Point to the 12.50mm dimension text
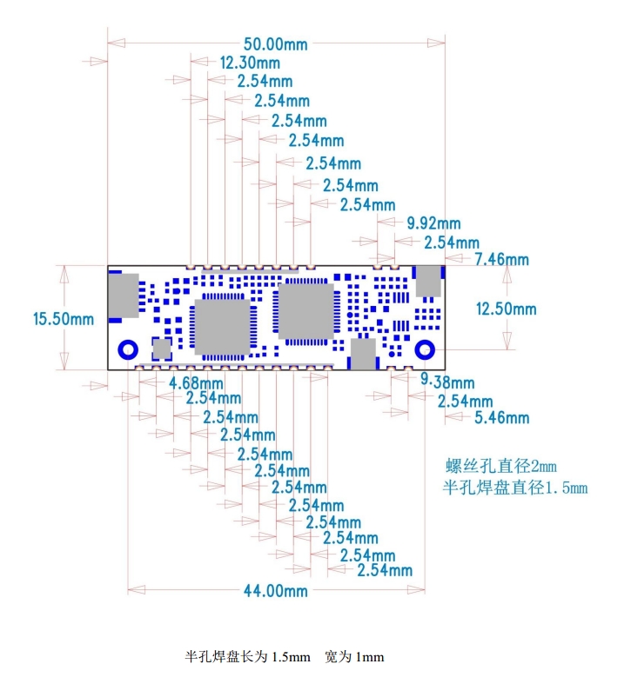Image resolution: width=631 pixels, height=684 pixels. point(506,309)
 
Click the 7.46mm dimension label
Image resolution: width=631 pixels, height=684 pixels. point(501,259)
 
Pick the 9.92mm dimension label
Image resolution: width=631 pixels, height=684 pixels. point(434,224)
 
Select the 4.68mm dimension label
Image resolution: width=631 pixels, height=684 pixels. point(193,382)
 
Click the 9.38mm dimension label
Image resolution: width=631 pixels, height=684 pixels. point(447,382)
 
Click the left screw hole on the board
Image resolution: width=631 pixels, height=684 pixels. point(126,349)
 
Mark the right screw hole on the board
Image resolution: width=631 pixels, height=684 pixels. point(425,349)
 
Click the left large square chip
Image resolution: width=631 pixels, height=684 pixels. point(222,327)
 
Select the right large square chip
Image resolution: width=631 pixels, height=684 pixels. point(305,310)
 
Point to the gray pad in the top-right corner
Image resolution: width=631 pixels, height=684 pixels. point(428,281)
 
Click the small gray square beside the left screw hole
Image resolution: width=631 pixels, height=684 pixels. point(162,349)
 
